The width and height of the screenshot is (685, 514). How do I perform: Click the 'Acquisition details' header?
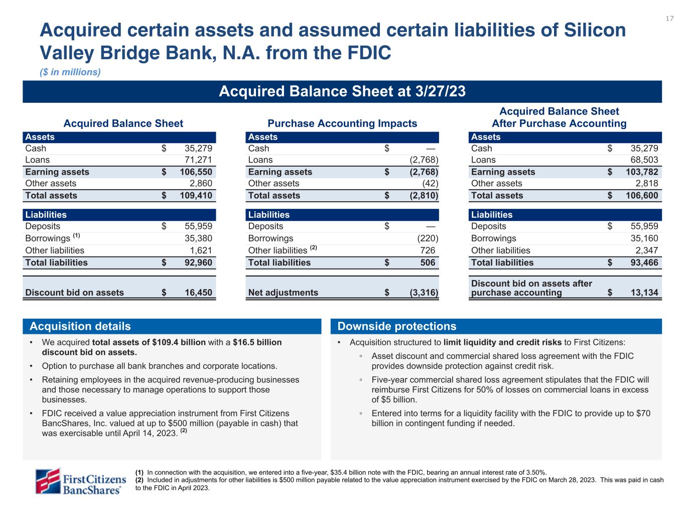click(x=80, y=326)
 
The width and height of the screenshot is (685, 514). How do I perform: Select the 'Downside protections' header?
click(x=397, y=326)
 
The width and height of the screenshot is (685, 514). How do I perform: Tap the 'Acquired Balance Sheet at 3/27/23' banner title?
click(x=342, y=91)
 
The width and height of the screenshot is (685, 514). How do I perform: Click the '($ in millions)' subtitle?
click(x=70, y=72)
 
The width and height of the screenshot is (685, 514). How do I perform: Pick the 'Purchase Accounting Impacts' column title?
click(x=342, y=123)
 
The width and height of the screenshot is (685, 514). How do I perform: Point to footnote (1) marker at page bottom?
click(x=140, y=472)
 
